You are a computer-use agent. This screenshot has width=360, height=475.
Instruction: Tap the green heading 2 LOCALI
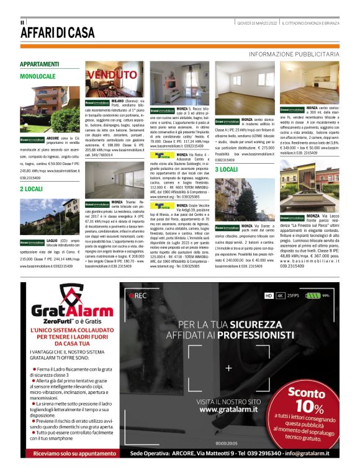(x=30, y=189)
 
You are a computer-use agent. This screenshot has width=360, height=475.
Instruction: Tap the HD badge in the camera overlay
(x=269, y=296)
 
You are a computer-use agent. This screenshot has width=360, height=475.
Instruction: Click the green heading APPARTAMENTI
(x=39, y=64)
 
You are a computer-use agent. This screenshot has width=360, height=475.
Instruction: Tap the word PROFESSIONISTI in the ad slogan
(x=251, y=335)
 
